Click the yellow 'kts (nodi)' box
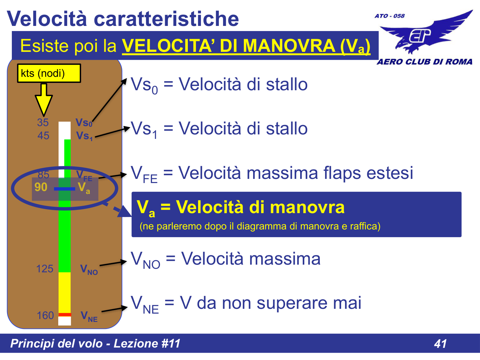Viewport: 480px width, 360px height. (x=49, y=73)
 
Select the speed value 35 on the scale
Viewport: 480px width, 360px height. (x=43, y=123)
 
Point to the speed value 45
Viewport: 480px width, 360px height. (x=44, y=136)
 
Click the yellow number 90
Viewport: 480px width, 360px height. (x=41, y=187)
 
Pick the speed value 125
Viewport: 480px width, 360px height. (x=44, y=269)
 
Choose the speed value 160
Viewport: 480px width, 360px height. (x=45, y=316)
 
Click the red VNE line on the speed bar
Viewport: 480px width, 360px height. (x=65, y=315)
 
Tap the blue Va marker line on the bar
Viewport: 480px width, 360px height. (x=65, y=189)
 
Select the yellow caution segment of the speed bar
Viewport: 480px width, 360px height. (x=65, y=292)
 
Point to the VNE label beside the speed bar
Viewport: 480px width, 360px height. (x=89, y=316)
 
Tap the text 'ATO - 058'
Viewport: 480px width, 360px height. (x=389, y=16)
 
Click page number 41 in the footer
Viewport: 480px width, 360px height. (x=440, y=344)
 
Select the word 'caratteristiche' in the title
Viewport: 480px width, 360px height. (x=166, y=19)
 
